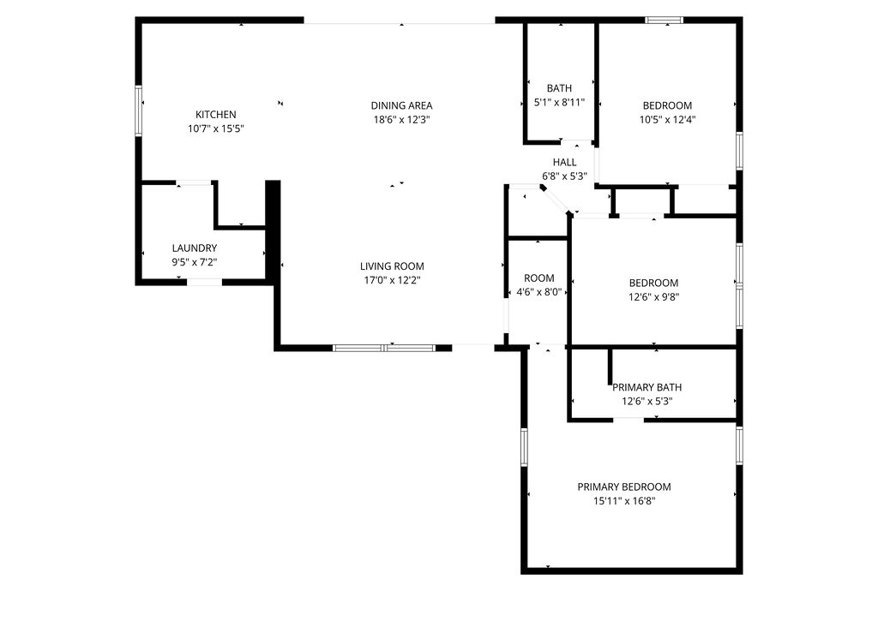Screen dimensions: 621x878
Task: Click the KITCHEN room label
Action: [x=215, y=115]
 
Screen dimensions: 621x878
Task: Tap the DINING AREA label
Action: [x=401, y=106]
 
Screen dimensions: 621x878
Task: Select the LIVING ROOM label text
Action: [x=391, y=266]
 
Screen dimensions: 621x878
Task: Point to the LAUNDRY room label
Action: [x=195, y=248]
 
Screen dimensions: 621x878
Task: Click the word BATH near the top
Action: [x=559, y=88]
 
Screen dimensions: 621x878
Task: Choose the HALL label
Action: [x=564, y=162]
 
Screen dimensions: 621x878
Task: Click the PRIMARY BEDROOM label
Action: [x=623, y=487]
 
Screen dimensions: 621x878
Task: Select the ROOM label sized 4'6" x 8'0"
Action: [x=538, y=278]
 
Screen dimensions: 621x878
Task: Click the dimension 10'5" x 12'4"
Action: [x=667, y=120]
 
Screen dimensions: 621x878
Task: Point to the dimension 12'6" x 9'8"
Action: [x=653, y=297]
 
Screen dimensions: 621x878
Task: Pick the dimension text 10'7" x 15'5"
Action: [x=216, y=128]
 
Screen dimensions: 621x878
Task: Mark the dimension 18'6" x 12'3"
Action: [x=401, y=120]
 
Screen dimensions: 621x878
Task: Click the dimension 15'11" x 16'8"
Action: [x=623, y=501]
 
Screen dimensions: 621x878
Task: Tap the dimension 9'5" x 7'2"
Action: [x=195, y=262]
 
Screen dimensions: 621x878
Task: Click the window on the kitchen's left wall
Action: [x=139, y=110]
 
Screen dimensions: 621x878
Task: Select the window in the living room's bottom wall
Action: [x=383, y=348]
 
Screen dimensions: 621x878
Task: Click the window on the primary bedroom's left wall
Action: [x=524, y=447]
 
